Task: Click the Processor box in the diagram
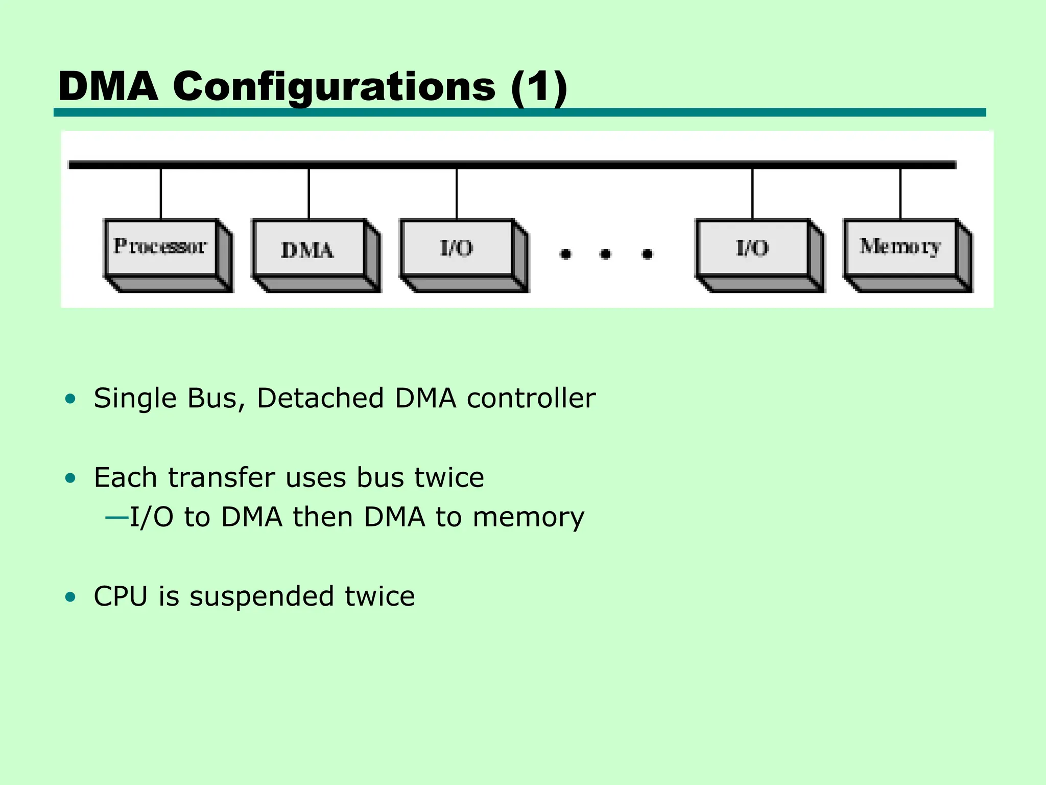169,256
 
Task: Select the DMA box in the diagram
316,256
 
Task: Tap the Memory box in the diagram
908,256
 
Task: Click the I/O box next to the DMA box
464,256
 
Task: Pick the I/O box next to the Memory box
760,256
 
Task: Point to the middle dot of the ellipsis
606,254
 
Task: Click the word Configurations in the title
334,87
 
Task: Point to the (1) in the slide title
539,87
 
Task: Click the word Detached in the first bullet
320,398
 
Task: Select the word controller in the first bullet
531,398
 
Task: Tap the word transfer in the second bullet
222,478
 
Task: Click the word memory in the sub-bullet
529,518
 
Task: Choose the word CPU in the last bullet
121,596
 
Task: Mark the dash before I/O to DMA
117,518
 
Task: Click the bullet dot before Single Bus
70,399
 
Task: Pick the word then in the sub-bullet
323,517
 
